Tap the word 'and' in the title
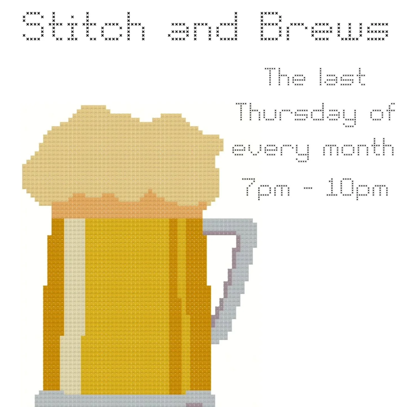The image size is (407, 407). [x=203, y=27]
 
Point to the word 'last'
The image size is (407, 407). [x=342, y=77]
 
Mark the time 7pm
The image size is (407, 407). [x=266, y=188]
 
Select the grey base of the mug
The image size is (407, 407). [x=113, y=400]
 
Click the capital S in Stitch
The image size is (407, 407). [x=34, y=26]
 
